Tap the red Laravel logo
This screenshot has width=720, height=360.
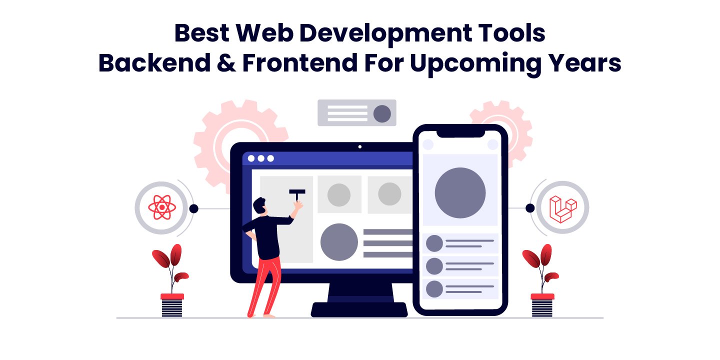tap(562, 208)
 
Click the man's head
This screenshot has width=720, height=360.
tap(259, 205)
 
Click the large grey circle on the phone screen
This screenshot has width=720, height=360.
tap(460, 192)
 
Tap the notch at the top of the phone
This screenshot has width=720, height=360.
tap(460, 133)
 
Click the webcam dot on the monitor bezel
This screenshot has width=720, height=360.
tap(359, 147)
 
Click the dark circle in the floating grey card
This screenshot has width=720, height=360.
tap(382, 113)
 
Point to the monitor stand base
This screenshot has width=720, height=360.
tap(359, 308)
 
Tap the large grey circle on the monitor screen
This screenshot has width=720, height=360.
tap(339, 242)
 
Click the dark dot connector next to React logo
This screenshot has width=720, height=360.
tap(194, 208)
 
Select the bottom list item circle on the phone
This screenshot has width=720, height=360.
tap(434, 289)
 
